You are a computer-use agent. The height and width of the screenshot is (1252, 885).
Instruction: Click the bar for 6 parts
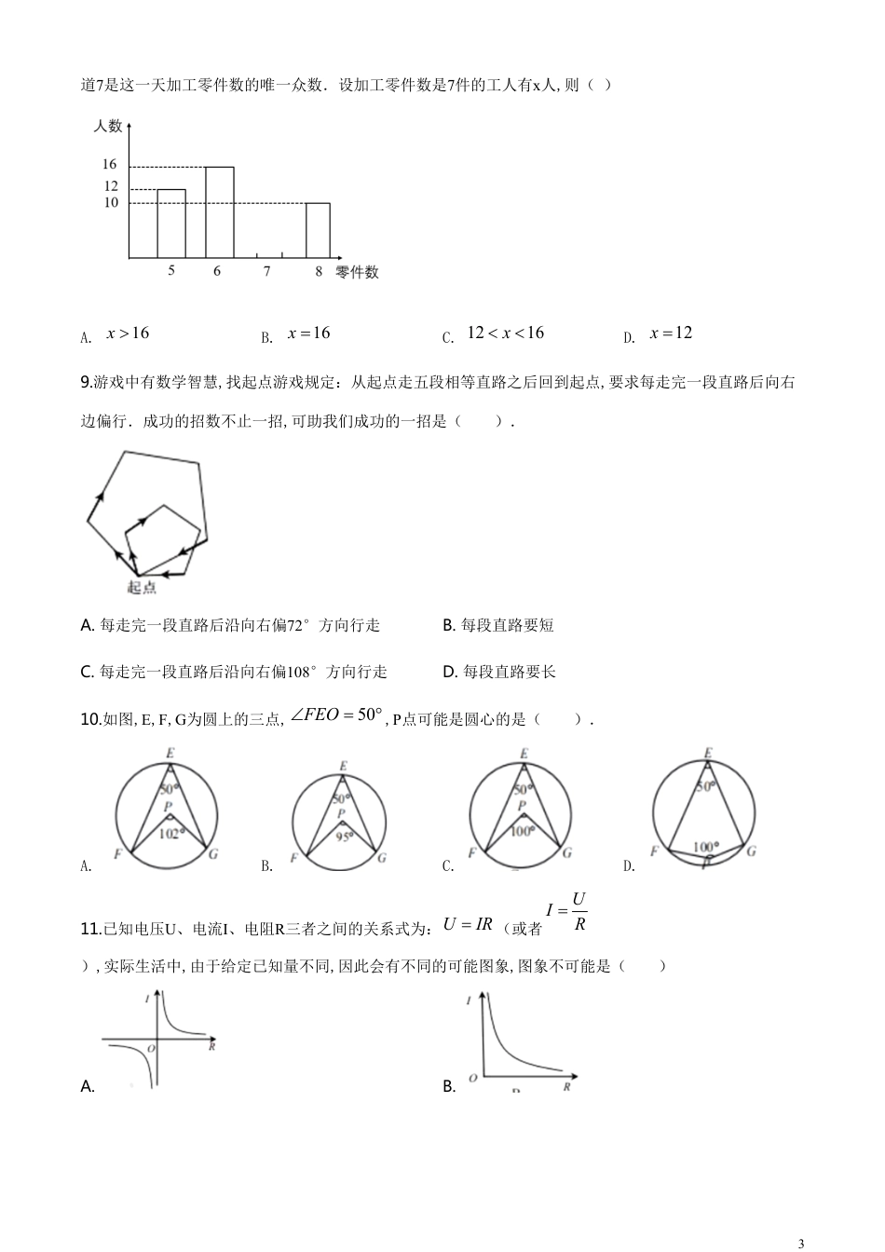[219, 211]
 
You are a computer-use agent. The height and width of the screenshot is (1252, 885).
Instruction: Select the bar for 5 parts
[171, 224]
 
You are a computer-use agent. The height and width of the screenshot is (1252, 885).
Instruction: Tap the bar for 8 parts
[319, 229]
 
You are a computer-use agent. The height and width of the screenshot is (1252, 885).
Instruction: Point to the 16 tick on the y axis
[110, 165]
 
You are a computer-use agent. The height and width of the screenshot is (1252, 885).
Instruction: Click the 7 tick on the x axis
[267, 271]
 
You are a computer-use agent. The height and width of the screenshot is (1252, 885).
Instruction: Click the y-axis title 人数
[108, 125]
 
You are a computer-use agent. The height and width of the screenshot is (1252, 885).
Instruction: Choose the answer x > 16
[128, 333]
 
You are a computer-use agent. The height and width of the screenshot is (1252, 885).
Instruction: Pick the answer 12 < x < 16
[505, 333]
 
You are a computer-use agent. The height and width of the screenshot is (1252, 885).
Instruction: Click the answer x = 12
[671, 333]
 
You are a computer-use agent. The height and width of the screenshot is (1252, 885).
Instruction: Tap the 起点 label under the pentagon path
[142, 587]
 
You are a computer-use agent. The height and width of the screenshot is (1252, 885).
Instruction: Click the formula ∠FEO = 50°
[337, 715]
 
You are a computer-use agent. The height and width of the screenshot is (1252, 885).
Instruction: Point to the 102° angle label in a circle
[170, 834]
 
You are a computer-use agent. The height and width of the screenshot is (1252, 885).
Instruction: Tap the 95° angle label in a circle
[346, 837]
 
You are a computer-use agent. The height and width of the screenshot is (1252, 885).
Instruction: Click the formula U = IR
[468, 924]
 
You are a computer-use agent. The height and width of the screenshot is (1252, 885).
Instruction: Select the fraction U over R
[578, 912]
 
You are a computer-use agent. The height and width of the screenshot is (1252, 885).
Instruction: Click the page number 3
[801, 1243]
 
